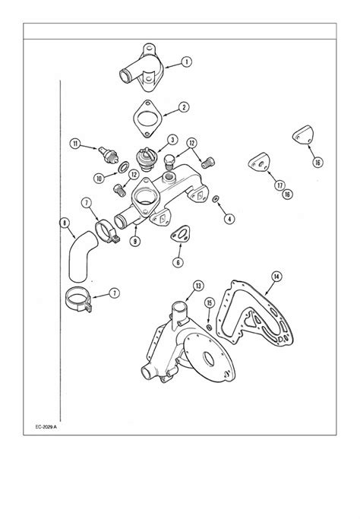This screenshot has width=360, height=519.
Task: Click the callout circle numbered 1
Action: pos(187,62)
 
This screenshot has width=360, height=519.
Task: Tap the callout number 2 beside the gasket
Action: pos(184,107)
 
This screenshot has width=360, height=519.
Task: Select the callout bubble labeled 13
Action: pos(198,286)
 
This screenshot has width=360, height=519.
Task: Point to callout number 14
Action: pos(276,276)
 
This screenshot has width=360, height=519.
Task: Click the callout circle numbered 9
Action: pos(135,241)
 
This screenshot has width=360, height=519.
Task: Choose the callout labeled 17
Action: pos(280,185)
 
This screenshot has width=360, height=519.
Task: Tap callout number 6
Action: pos(178,262)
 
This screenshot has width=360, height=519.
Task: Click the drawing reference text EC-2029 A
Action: pos(46,427)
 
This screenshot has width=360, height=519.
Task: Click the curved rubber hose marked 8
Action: pos(80,257)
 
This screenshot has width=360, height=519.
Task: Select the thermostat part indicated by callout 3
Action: pos(146,160)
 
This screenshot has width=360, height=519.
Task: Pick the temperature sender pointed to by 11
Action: pos(108,154)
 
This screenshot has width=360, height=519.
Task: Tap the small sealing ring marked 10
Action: pos(123,167)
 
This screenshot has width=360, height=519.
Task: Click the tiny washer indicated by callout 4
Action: pos(216,199)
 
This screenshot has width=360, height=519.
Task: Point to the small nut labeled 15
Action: pos(210,328)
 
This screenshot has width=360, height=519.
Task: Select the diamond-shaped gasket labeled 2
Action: pos(147,119)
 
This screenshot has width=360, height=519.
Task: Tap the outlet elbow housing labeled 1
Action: pos(142,68)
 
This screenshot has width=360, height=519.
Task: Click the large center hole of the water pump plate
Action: pos(208,359)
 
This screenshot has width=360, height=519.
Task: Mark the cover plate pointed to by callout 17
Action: pos(260,162)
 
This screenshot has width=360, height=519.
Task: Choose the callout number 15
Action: pos(210,302)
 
